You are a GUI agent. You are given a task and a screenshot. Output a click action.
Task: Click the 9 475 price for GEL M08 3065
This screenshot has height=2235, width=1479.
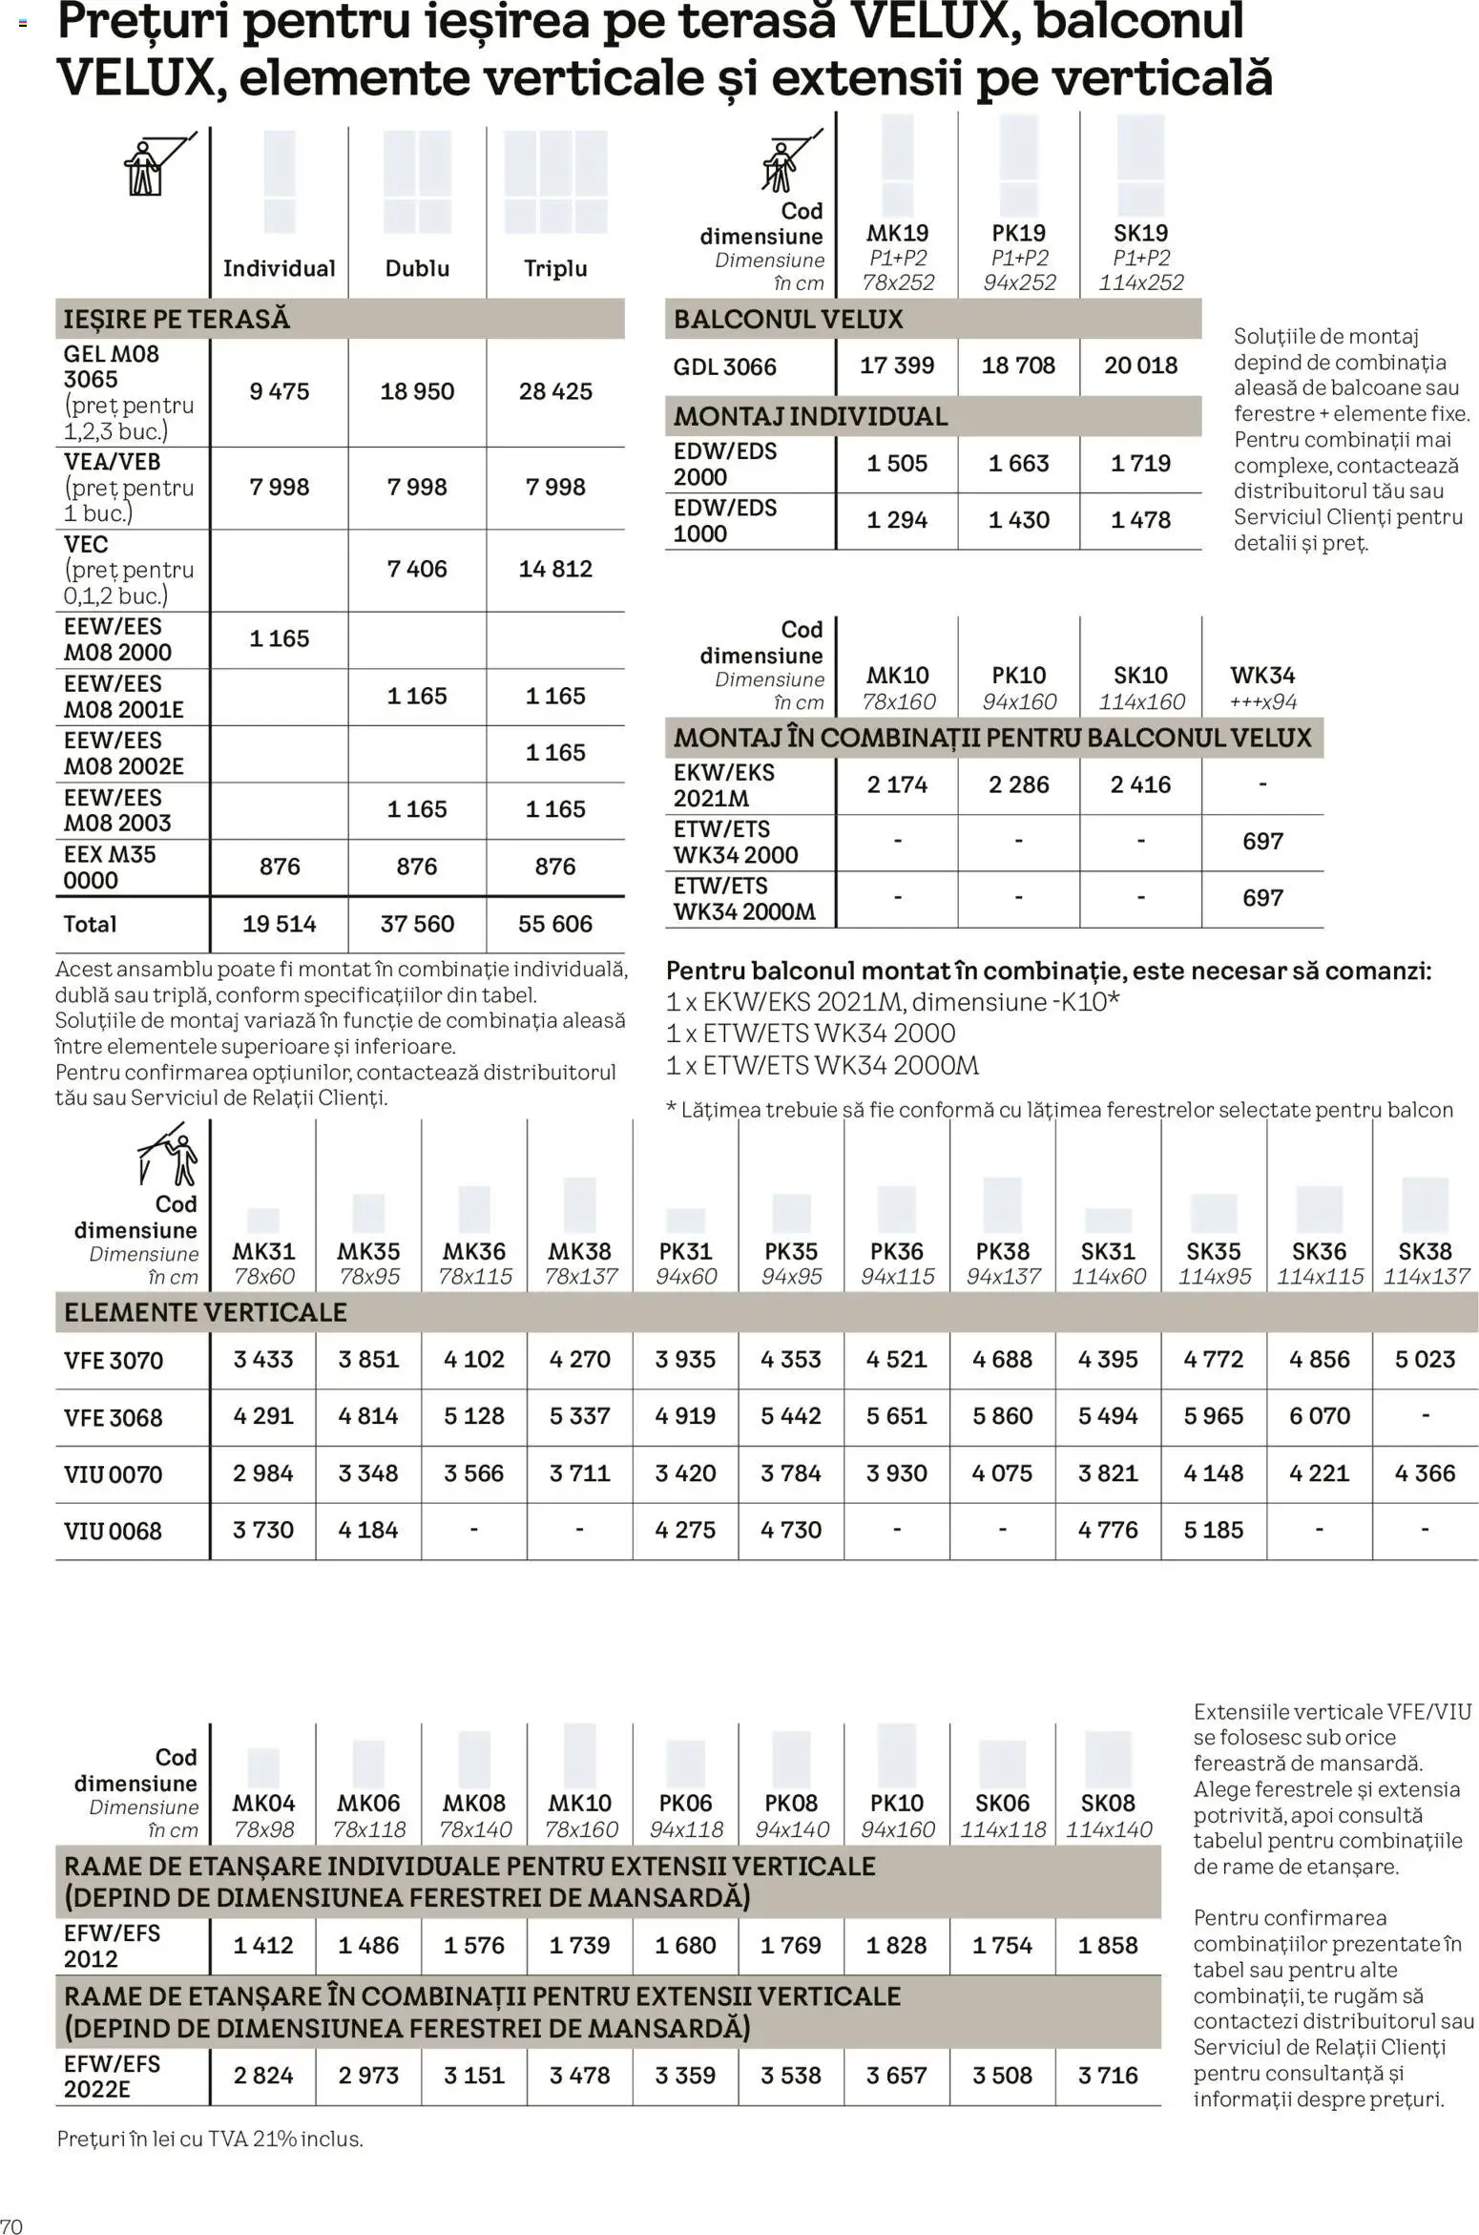coord(279,391)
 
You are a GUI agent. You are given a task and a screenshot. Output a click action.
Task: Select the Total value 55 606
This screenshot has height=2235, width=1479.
coord(555,924)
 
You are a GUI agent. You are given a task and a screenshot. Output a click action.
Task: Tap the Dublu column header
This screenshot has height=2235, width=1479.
coord(417,268)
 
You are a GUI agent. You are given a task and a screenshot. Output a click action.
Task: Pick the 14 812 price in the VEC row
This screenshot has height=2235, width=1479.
coord(555,569)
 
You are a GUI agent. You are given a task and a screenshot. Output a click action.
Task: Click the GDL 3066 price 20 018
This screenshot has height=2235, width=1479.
coord(1140,366)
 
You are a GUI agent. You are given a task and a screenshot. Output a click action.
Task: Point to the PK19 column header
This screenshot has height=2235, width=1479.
coord(1018,233)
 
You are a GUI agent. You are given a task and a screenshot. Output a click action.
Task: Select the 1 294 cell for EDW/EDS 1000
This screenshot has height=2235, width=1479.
coord(897,520)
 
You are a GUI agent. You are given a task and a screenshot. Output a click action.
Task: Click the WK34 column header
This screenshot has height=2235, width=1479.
coord(1262,676)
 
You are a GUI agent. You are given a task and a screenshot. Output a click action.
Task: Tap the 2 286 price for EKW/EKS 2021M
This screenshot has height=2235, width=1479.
coord(1018,784)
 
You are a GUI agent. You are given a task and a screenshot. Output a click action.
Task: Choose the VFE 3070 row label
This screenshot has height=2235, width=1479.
coord(114,1360)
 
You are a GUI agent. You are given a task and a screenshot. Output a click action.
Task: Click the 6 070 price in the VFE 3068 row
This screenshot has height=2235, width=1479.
coord(1320,1416)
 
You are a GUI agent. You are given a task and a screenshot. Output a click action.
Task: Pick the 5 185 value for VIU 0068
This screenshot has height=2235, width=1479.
coord(1214,1530)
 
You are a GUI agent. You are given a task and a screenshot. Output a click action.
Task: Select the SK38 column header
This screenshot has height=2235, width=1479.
coord(1425,1251)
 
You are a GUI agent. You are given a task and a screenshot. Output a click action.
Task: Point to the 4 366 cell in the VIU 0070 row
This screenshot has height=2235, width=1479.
coord(1425,1473)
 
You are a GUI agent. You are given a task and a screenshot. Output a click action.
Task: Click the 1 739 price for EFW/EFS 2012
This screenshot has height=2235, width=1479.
coord(579,1945)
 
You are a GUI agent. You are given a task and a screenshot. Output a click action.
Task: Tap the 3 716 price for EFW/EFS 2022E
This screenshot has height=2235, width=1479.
coord(1108,2075)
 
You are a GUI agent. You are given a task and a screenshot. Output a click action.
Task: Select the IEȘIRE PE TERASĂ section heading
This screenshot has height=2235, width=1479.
coord(177,319)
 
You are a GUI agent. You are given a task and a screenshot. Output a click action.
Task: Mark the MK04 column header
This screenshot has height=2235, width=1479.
coord(263,1803)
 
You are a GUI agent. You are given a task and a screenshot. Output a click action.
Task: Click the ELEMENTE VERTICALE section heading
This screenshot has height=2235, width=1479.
coord(205,1312)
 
